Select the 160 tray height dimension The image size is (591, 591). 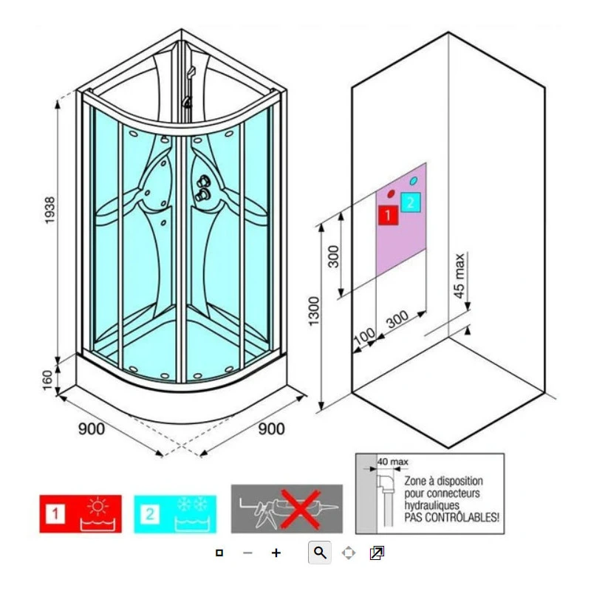(x=49, y=378)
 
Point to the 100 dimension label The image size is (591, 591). (x=363, y=336)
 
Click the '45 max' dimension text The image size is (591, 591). (x=460, y=276)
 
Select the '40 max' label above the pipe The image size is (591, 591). (x=392, y=462)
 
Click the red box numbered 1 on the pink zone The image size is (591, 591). (x=387, y=215)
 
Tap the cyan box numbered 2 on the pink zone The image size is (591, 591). (x=410, y=201)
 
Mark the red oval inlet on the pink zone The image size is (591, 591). (x=389, y=194)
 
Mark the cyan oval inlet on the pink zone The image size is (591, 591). (x=413, y=180)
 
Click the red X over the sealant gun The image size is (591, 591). (x=298, y=508)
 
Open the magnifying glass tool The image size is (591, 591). (x=319, y=553)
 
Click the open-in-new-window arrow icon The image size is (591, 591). (x=377, y=553)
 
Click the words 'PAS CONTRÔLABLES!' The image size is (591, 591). (x=451, y=519)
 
